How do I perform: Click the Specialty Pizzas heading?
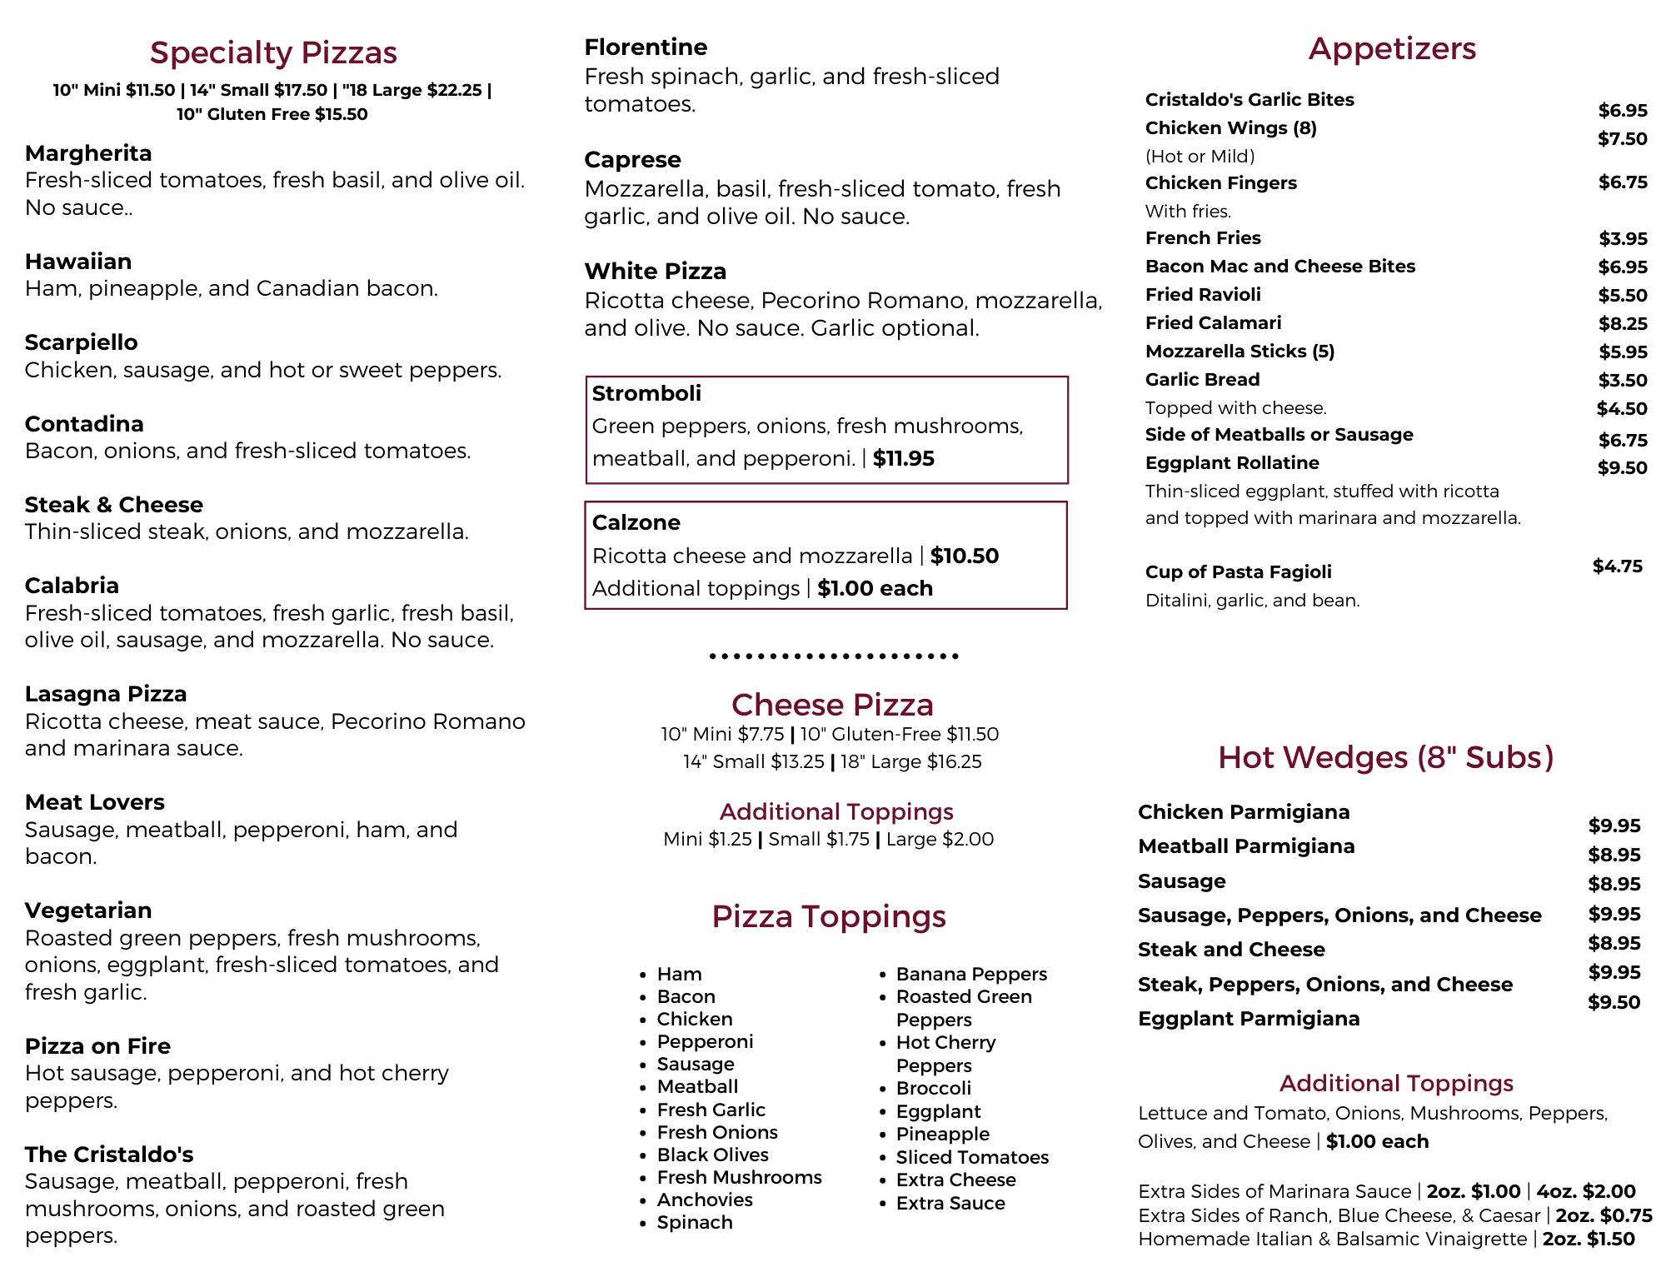pos(273,52)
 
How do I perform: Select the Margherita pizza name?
pos(88,153)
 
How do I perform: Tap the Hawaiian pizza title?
pos(78,262)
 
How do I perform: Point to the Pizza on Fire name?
pos(97,1046)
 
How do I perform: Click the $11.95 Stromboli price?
pos(904,459)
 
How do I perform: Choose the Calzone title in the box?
pos(636,523)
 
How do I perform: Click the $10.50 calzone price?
pos(965,556)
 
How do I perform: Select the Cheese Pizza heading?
pos(832,705)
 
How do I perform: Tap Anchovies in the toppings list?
pos(705,1200)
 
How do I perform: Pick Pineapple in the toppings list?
pos(943,1134)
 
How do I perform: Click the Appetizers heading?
pos(1392,48)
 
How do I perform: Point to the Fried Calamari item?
pos(1213,323)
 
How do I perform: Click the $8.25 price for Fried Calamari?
pos(1623,324)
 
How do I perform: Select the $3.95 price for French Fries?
pos(1623,239)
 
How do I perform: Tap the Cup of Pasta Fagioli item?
pos(1238,572)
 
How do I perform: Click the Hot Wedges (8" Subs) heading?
pos(1385,757)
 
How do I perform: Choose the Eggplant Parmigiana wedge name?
pos(1249,1019)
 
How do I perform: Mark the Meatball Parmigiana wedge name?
pos(1246,846)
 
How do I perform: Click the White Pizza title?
pos(656,272)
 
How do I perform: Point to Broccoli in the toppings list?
pos(934,1089)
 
